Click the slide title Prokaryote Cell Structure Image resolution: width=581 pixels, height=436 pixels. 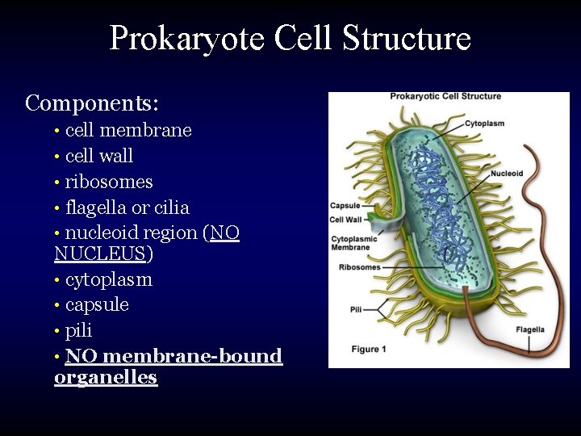[290, 38]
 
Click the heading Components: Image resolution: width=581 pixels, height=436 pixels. [92, 103]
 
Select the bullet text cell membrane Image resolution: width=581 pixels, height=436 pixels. [128, 130]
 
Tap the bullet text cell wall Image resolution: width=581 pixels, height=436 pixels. [99, 156]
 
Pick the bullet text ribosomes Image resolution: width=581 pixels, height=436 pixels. [109, 182]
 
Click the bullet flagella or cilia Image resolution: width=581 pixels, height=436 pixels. [127, 208]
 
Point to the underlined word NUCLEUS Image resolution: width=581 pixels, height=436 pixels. [99, 254]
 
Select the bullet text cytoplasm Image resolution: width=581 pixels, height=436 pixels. [109, 280]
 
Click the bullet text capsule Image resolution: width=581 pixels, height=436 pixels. [97, 305]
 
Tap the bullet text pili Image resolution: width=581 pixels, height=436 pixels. [79, 331]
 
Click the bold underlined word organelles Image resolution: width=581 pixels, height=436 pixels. [106, 378]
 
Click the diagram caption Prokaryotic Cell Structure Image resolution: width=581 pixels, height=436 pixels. [445, 97]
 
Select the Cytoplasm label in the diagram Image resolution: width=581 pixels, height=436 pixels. [484, 124]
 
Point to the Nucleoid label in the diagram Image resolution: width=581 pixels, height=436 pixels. [507, 174]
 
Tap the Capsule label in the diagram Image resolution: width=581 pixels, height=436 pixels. [345, 206]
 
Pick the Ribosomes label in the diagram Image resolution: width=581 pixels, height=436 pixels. [359, 267]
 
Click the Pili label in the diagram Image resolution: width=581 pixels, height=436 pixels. [356, 309]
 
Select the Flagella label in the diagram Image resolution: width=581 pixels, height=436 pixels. [530, 329]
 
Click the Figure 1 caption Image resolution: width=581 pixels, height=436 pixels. [370, 349]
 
